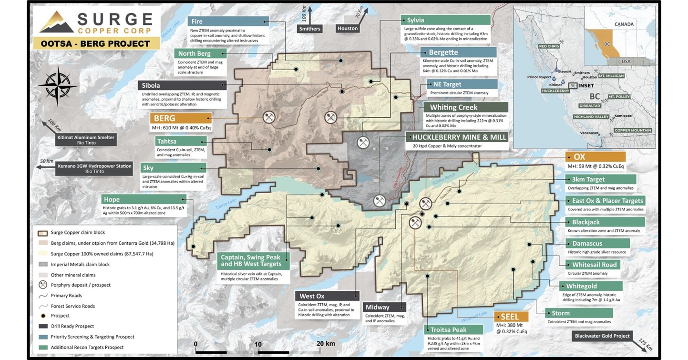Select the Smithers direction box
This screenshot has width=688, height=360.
click(x=309, y=28)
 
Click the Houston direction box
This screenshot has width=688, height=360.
click(x=348, y=28)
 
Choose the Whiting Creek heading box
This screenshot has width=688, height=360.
click(x=453, y=107)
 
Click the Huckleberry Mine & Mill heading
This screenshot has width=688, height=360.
click(x=456, y=137)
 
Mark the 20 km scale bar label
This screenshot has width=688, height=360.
click(x=326, y=344)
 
